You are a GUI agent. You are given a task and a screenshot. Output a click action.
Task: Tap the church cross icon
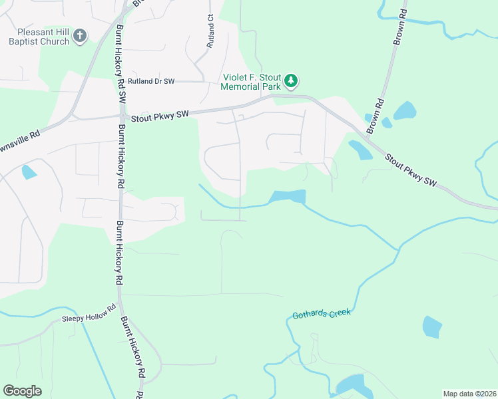click(x=79, y=36)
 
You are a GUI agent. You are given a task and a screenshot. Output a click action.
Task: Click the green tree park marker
click(x=290, y=81)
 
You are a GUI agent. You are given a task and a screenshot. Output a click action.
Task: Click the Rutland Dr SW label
click(x=152, y=81)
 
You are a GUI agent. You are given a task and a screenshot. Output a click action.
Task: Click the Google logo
click(x=22, y=391)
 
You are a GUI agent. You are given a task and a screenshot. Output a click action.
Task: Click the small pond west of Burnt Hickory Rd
click(x=28, y=172)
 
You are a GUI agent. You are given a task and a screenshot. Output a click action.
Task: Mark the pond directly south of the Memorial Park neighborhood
click(x=287, y=197)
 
